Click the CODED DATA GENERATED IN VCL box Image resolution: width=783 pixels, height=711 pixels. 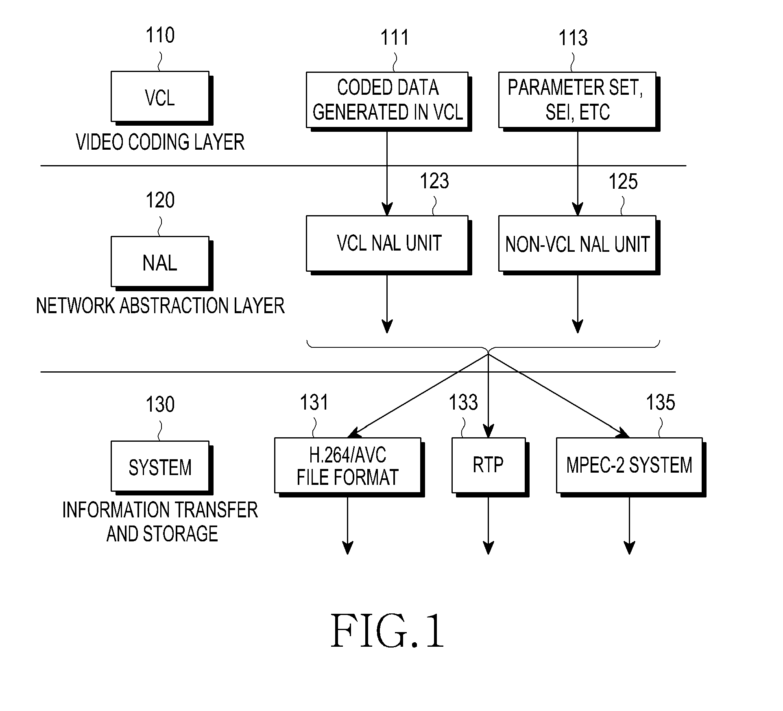tap(388, 101)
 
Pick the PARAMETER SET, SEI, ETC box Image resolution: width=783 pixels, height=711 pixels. tap(579, 101)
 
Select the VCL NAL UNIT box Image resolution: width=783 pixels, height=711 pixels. tap(388, 245)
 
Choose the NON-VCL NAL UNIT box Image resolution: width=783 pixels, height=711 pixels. tap(579, 245)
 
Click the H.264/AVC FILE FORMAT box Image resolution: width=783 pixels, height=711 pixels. tap(349, 467)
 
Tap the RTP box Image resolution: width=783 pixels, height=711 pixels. tap(490, 467)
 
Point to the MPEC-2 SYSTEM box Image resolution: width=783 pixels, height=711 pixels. tap(630, 467)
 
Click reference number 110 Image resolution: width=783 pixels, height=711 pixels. tap(160, 35)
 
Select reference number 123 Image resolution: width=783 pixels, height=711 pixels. tap(434, 181)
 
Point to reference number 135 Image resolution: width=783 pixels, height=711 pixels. tap(661, 402)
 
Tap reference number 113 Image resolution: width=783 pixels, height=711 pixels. tap(573, 38)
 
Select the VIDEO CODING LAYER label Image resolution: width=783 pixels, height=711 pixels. tap(160, 142)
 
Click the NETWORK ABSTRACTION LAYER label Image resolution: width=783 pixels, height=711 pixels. tap(160, 306)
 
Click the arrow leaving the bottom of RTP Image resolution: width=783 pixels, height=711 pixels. tap(488, 526)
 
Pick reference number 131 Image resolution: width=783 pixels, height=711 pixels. tap(314, 402)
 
